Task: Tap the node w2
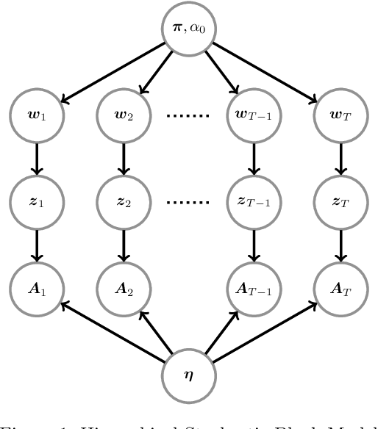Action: pyautogui.click(x=124, y=115)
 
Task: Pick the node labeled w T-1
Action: pyautogui.click(x=253, y=115)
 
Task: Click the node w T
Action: pyautogui.click(x=340, y=115)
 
